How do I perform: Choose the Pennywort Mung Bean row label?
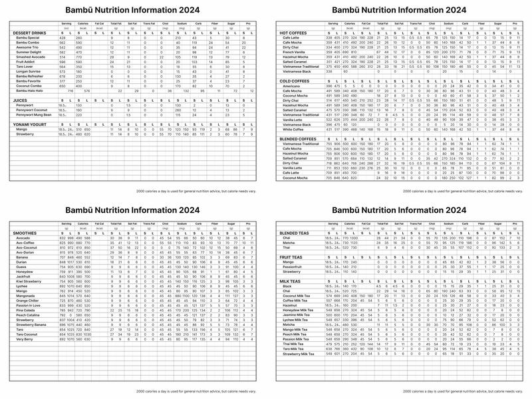(33, 115)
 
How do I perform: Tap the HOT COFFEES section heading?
(295, 33)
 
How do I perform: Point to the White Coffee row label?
(295, 128)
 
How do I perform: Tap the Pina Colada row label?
(25, 309)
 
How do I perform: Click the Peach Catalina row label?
(28, 314)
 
